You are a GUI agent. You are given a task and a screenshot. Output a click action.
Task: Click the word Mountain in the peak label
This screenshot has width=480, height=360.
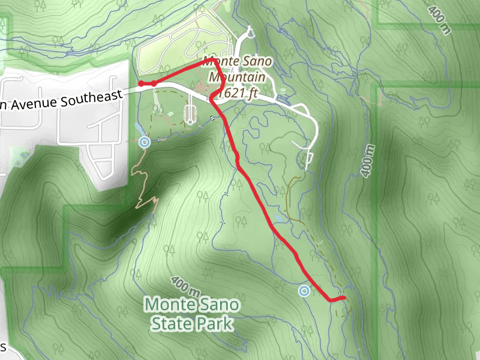[x=238, y=77]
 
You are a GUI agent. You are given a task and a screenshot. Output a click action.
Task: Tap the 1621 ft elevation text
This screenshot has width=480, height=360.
[x=238, y=93]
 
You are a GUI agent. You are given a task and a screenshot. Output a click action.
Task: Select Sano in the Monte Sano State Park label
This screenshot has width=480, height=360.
[x=220, y=304]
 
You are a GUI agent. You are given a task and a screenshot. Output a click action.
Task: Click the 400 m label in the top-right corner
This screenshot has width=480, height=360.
[x=439, y=20]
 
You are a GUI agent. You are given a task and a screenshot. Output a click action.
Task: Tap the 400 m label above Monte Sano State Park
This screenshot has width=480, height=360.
[x=184, y=287]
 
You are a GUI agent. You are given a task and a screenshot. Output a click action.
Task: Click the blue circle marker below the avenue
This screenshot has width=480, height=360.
[x=144, y=142]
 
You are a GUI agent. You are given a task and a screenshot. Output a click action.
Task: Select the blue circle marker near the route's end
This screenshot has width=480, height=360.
[x=304, y=291]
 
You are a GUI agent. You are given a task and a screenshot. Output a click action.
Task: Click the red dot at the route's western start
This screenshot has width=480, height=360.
[x=140, y=83]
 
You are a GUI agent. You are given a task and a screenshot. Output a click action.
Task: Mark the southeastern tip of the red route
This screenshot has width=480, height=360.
[x=344, y=298]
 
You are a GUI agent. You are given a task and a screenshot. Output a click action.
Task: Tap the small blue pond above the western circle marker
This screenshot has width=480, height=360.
[x=139, y=128]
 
